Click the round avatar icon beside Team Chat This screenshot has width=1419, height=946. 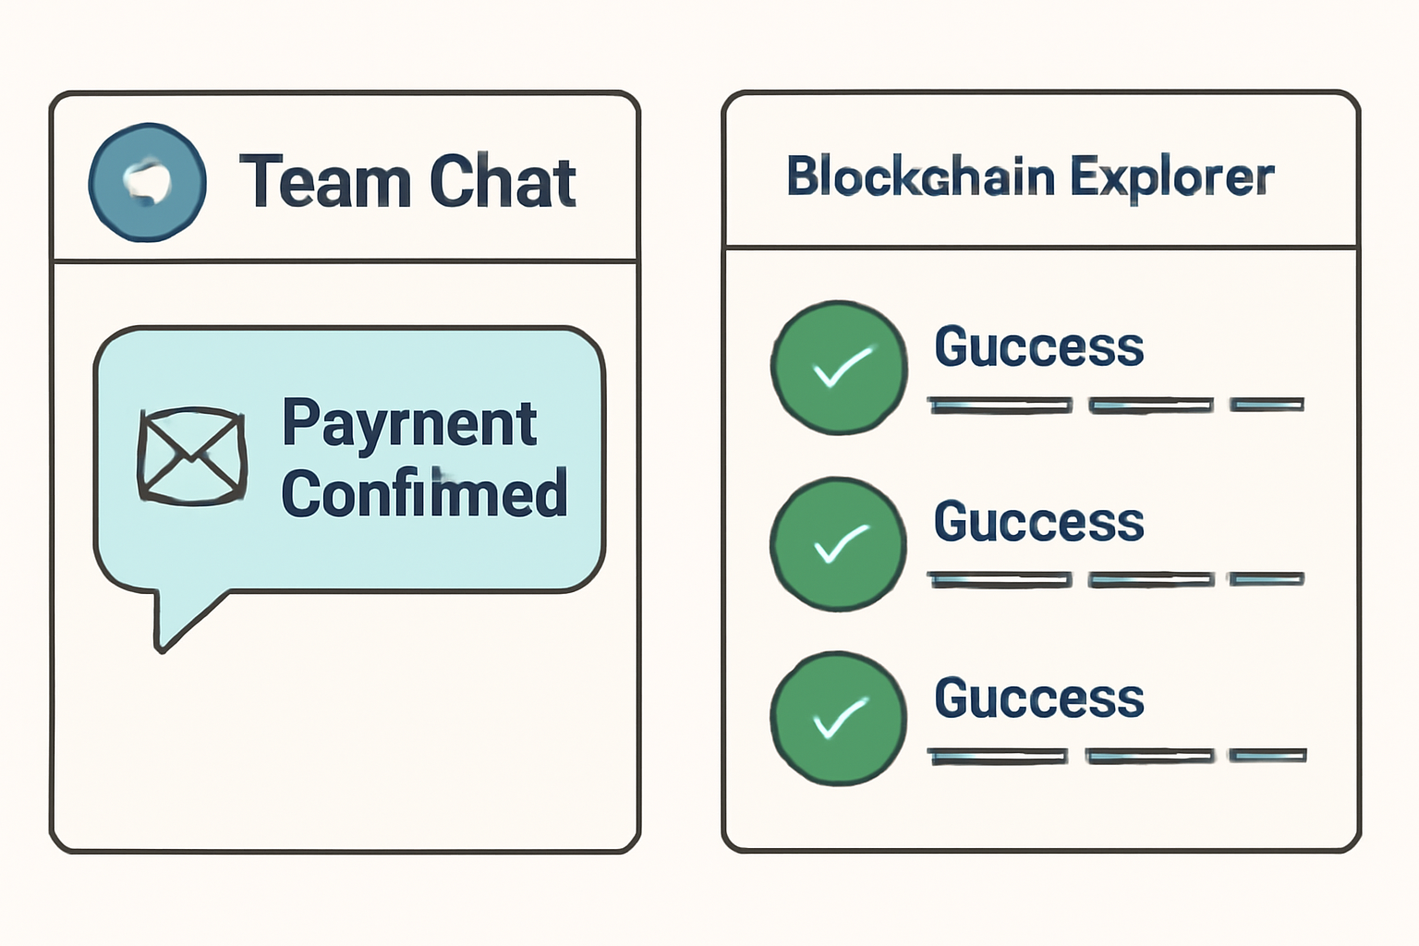click(x=147, y=182)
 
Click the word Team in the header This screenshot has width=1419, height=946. click(x=324, y=182)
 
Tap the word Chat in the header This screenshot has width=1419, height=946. click(x=503, y=182)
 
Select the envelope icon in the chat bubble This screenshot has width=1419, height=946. click(x=192, y=456)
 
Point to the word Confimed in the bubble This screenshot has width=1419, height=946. click(x=424, y=493)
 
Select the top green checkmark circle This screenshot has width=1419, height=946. click(x=839, y=367)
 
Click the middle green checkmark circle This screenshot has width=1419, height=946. click(x=839, y=543)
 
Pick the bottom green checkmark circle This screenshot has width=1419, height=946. click(x=839, y=719)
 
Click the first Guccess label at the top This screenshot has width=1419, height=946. click(x=1039, y=347)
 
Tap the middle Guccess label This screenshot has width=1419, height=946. click(x=1039, y=523)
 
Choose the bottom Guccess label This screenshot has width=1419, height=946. click(x=1039, y=698)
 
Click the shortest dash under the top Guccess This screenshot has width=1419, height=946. click(x=1267, y=405)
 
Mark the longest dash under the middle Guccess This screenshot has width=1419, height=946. click(x=1001, y=580)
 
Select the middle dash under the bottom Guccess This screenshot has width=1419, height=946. click(x=1150, y=757)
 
